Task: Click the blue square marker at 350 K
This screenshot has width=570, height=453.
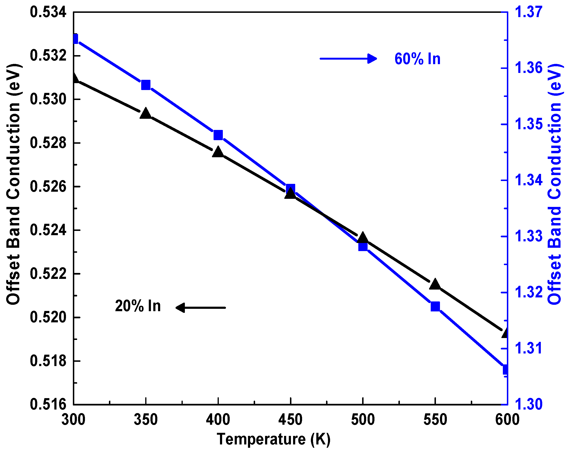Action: pos(146,85)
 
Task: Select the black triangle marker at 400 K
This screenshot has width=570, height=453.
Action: pos(218,152)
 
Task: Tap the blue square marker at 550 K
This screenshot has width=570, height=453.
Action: pos(435,306)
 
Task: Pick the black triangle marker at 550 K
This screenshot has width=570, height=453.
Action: pos(435,284)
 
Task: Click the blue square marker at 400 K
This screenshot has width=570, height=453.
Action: pos(218,135)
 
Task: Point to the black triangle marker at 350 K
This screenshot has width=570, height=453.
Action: pos(146,114)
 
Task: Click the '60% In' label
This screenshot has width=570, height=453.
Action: pos(417,59)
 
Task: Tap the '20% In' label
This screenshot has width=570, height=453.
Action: pos(138,306)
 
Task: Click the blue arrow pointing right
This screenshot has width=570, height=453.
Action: pos(348,58)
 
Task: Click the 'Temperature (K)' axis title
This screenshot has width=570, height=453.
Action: pos(273,439)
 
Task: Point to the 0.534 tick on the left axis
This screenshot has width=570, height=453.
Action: pos(48,12)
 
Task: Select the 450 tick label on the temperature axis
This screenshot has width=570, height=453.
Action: pos(290,420)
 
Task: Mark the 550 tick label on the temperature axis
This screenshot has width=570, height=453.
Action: pos(435,420)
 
